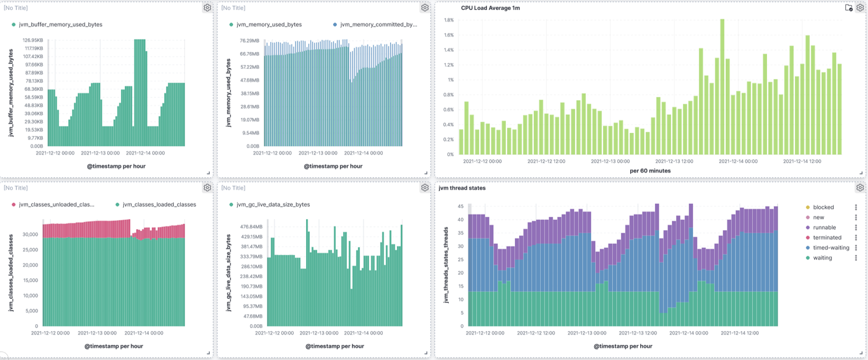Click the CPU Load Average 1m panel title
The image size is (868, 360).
click(490, 8)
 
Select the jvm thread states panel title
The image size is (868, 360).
click(462, 188)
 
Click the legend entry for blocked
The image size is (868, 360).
click(823, 207)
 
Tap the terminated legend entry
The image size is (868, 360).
click(827, 237)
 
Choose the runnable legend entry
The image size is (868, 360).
click(824, 227)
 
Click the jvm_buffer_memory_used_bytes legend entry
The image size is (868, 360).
click(60, 24)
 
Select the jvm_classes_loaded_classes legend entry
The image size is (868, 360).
click(159, 205)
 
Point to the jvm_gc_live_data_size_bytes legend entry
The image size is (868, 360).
click(273, 205)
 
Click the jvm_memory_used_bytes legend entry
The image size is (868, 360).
click(269, 24)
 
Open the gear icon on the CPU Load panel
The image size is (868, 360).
click(860, 8)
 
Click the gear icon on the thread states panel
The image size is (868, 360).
click(860, 188)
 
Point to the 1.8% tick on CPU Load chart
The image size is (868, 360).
click(448, 20)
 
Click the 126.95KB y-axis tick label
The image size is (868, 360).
click(33, 40)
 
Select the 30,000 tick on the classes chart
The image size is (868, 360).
click(30, 234)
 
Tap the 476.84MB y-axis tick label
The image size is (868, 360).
click(252, 227)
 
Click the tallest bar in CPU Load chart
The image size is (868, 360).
click(722, 87)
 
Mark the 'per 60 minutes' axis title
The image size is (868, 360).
click(650, 171)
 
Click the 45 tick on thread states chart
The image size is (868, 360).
click(460, 206)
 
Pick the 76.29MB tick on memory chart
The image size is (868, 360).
click(250, 41)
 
